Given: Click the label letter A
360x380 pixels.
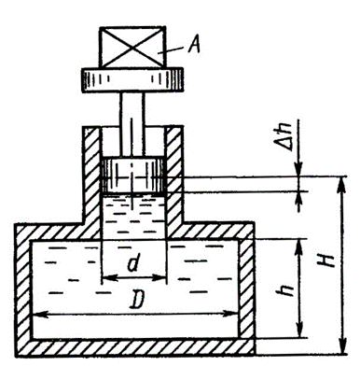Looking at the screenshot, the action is pyautogui.click(x=194, y=46).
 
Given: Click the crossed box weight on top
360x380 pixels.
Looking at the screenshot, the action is pyautogui.click(x=132, y=48).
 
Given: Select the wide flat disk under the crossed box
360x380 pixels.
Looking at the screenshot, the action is pyautogui.click(x=132, y=80).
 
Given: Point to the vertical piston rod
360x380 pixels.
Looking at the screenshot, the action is pyautogui.click(x=132, y=124).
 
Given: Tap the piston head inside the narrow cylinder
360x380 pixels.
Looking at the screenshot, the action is pyautogui.click(x=132, y=176).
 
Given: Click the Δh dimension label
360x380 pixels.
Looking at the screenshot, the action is pyautogui.click(x=286, y=136).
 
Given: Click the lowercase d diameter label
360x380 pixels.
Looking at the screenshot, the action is pyautogui.click(x=133, y=263).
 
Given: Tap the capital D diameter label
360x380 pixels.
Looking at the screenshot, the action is pyautogui.click(x=137, y=299).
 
